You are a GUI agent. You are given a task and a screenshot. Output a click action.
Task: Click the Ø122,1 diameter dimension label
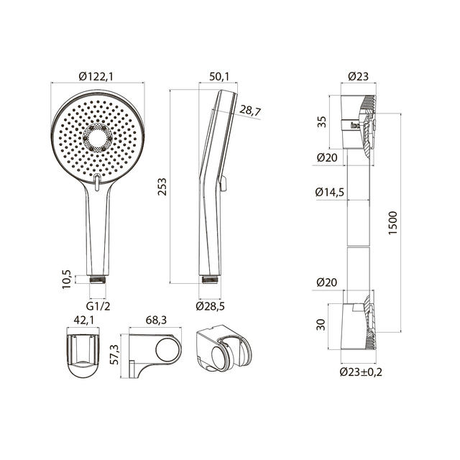click(96, 77)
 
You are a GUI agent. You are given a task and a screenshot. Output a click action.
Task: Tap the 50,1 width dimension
click(218, 77)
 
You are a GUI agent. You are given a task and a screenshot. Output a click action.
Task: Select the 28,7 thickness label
click(250, 110)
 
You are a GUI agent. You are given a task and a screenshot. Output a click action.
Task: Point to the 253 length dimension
click(162, 187)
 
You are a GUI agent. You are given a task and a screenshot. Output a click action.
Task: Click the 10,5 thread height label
click(67, 280)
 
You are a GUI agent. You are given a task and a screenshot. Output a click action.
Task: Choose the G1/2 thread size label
click(98, 306)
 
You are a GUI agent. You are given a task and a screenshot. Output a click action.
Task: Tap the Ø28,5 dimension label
click(211, 306)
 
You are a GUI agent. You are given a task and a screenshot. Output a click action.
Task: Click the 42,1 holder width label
click(84, 320)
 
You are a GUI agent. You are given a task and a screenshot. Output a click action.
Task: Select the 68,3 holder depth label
click(156, 320)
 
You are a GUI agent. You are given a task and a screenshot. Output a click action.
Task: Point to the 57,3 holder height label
click(114, 354)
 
